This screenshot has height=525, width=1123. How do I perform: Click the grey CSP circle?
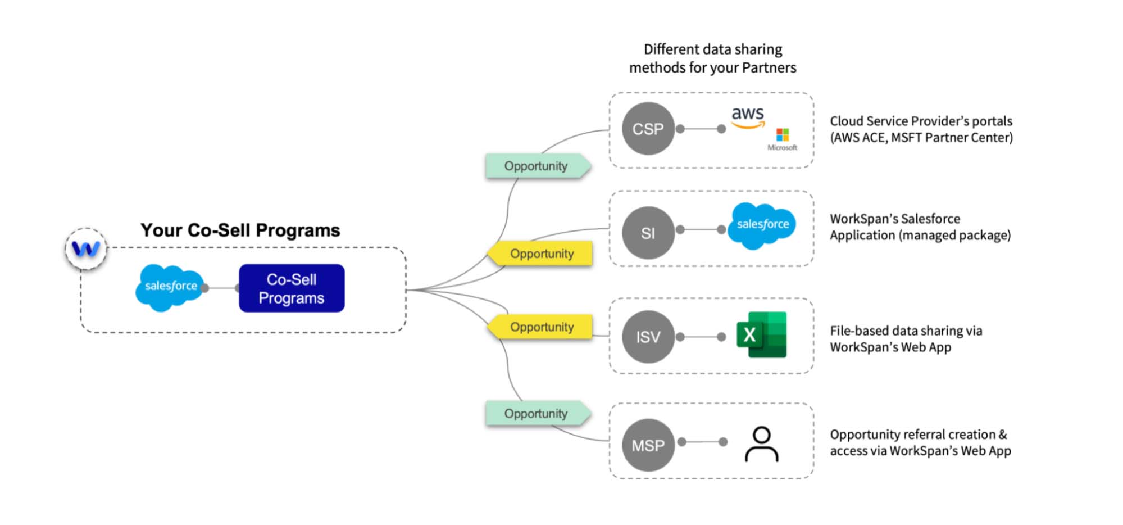(648, 129)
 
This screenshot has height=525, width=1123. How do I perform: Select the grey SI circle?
(648, 233)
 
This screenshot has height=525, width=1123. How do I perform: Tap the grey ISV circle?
(648, 337)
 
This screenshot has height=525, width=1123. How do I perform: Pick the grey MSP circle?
(648, 445)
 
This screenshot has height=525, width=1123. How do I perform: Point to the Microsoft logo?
(782, 138)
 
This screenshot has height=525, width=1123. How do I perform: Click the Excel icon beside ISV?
(761, 335)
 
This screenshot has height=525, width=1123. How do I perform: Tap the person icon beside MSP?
(761, 444)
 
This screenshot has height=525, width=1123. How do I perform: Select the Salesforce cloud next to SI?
(762, 225)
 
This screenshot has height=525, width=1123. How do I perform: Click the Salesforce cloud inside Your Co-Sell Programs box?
(170, 287)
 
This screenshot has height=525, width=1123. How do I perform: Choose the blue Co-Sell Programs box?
(292, 288)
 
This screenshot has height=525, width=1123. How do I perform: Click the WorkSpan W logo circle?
(86, 248)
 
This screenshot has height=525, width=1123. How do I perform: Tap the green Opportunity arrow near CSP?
(537, 166)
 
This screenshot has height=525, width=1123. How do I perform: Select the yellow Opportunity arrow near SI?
(540, 254)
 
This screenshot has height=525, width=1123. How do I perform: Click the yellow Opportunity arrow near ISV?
(540, 327)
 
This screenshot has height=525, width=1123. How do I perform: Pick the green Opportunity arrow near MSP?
(537, 414)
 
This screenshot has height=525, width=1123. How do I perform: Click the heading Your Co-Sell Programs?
(240, 230)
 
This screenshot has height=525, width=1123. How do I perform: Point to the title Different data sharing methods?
(712, 58)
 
